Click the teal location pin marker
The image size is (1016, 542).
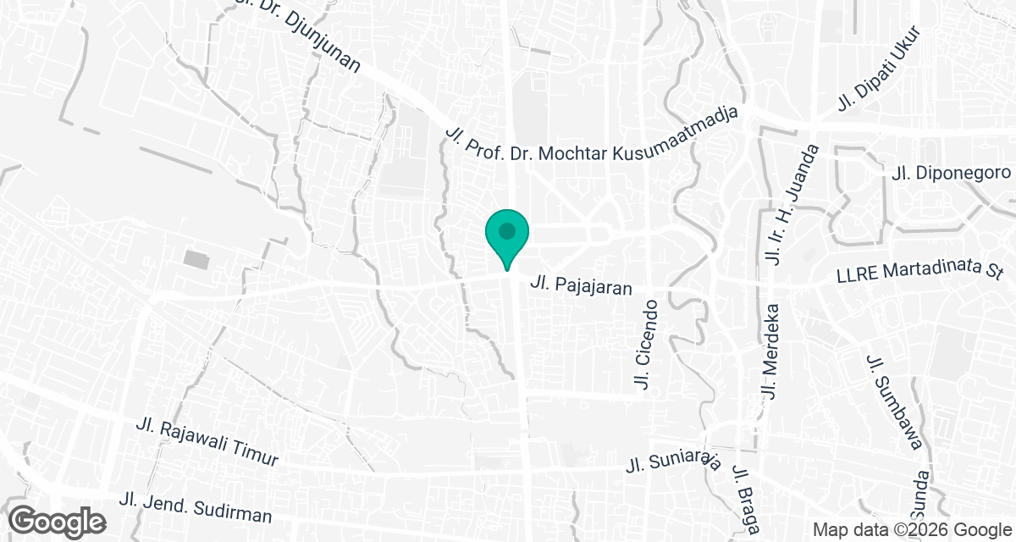point(507,237)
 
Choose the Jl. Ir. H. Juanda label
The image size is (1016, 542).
point(793,204)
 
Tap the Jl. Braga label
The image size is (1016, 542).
point(746,501)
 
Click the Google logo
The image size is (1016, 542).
point(58,521)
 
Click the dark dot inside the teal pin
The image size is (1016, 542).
point(507,230)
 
